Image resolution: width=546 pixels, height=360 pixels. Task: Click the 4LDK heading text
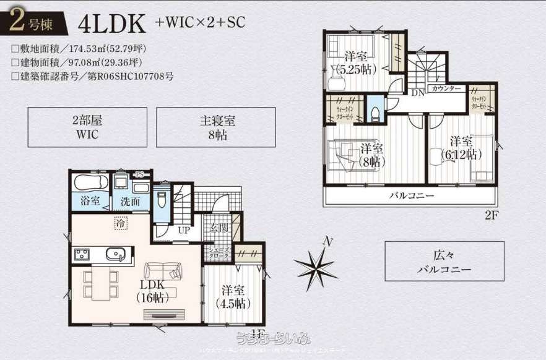point(111,24)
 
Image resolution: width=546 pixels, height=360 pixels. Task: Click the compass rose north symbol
point(316,265)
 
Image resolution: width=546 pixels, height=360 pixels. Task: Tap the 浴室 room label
point(90,200)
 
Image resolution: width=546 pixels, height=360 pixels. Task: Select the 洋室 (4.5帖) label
point(233,297)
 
